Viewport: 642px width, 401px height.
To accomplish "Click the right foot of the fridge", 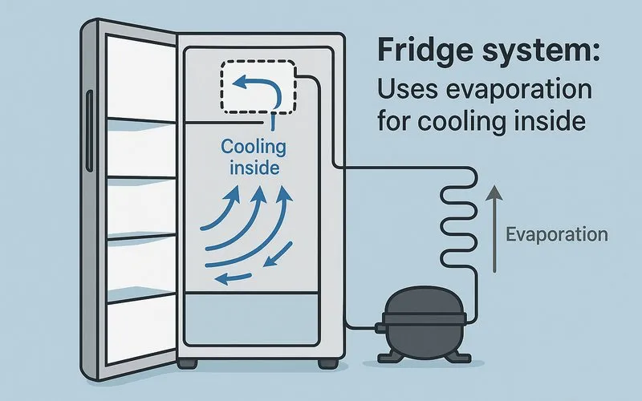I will tap(327, 363).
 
